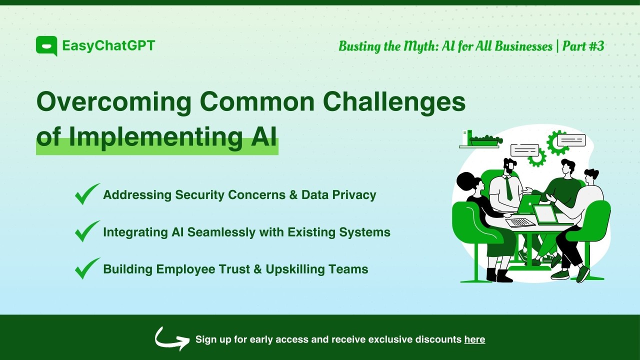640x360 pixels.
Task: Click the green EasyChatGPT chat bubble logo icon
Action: (46, 46)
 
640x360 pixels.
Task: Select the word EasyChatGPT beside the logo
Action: (108, 46)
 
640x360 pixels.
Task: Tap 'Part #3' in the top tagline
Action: (583, 46)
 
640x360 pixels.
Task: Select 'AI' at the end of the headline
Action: (263, 137)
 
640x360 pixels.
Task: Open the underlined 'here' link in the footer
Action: (474, 339)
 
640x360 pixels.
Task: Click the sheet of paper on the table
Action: (519, 222)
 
